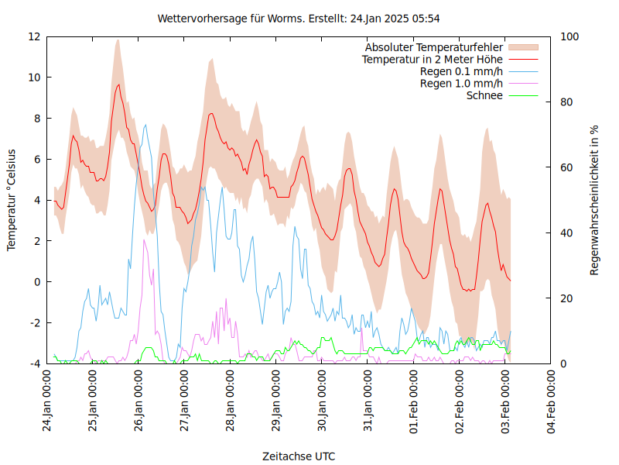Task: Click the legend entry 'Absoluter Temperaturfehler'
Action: pos(434,47)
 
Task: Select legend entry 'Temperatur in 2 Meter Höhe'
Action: pos(433,59)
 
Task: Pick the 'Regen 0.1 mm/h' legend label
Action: pos(461,71)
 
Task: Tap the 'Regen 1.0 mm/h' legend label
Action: pos(461,84)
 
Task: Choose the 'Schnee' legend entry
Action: pos(484,95)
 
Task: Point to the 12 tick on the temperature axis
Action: pos(34,36)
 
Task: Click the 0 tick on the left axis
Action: pos(37,282)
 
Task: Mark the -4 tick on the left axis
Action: pos(35,363)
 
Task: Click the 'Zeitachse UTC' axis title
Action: pos(299,456)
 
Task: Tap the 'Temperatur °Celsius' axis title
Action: pos(12,199)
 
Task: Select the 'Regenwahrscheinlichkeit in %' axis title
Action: pos(595,200)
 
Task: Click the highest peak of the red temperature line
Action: pos(118,84)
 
